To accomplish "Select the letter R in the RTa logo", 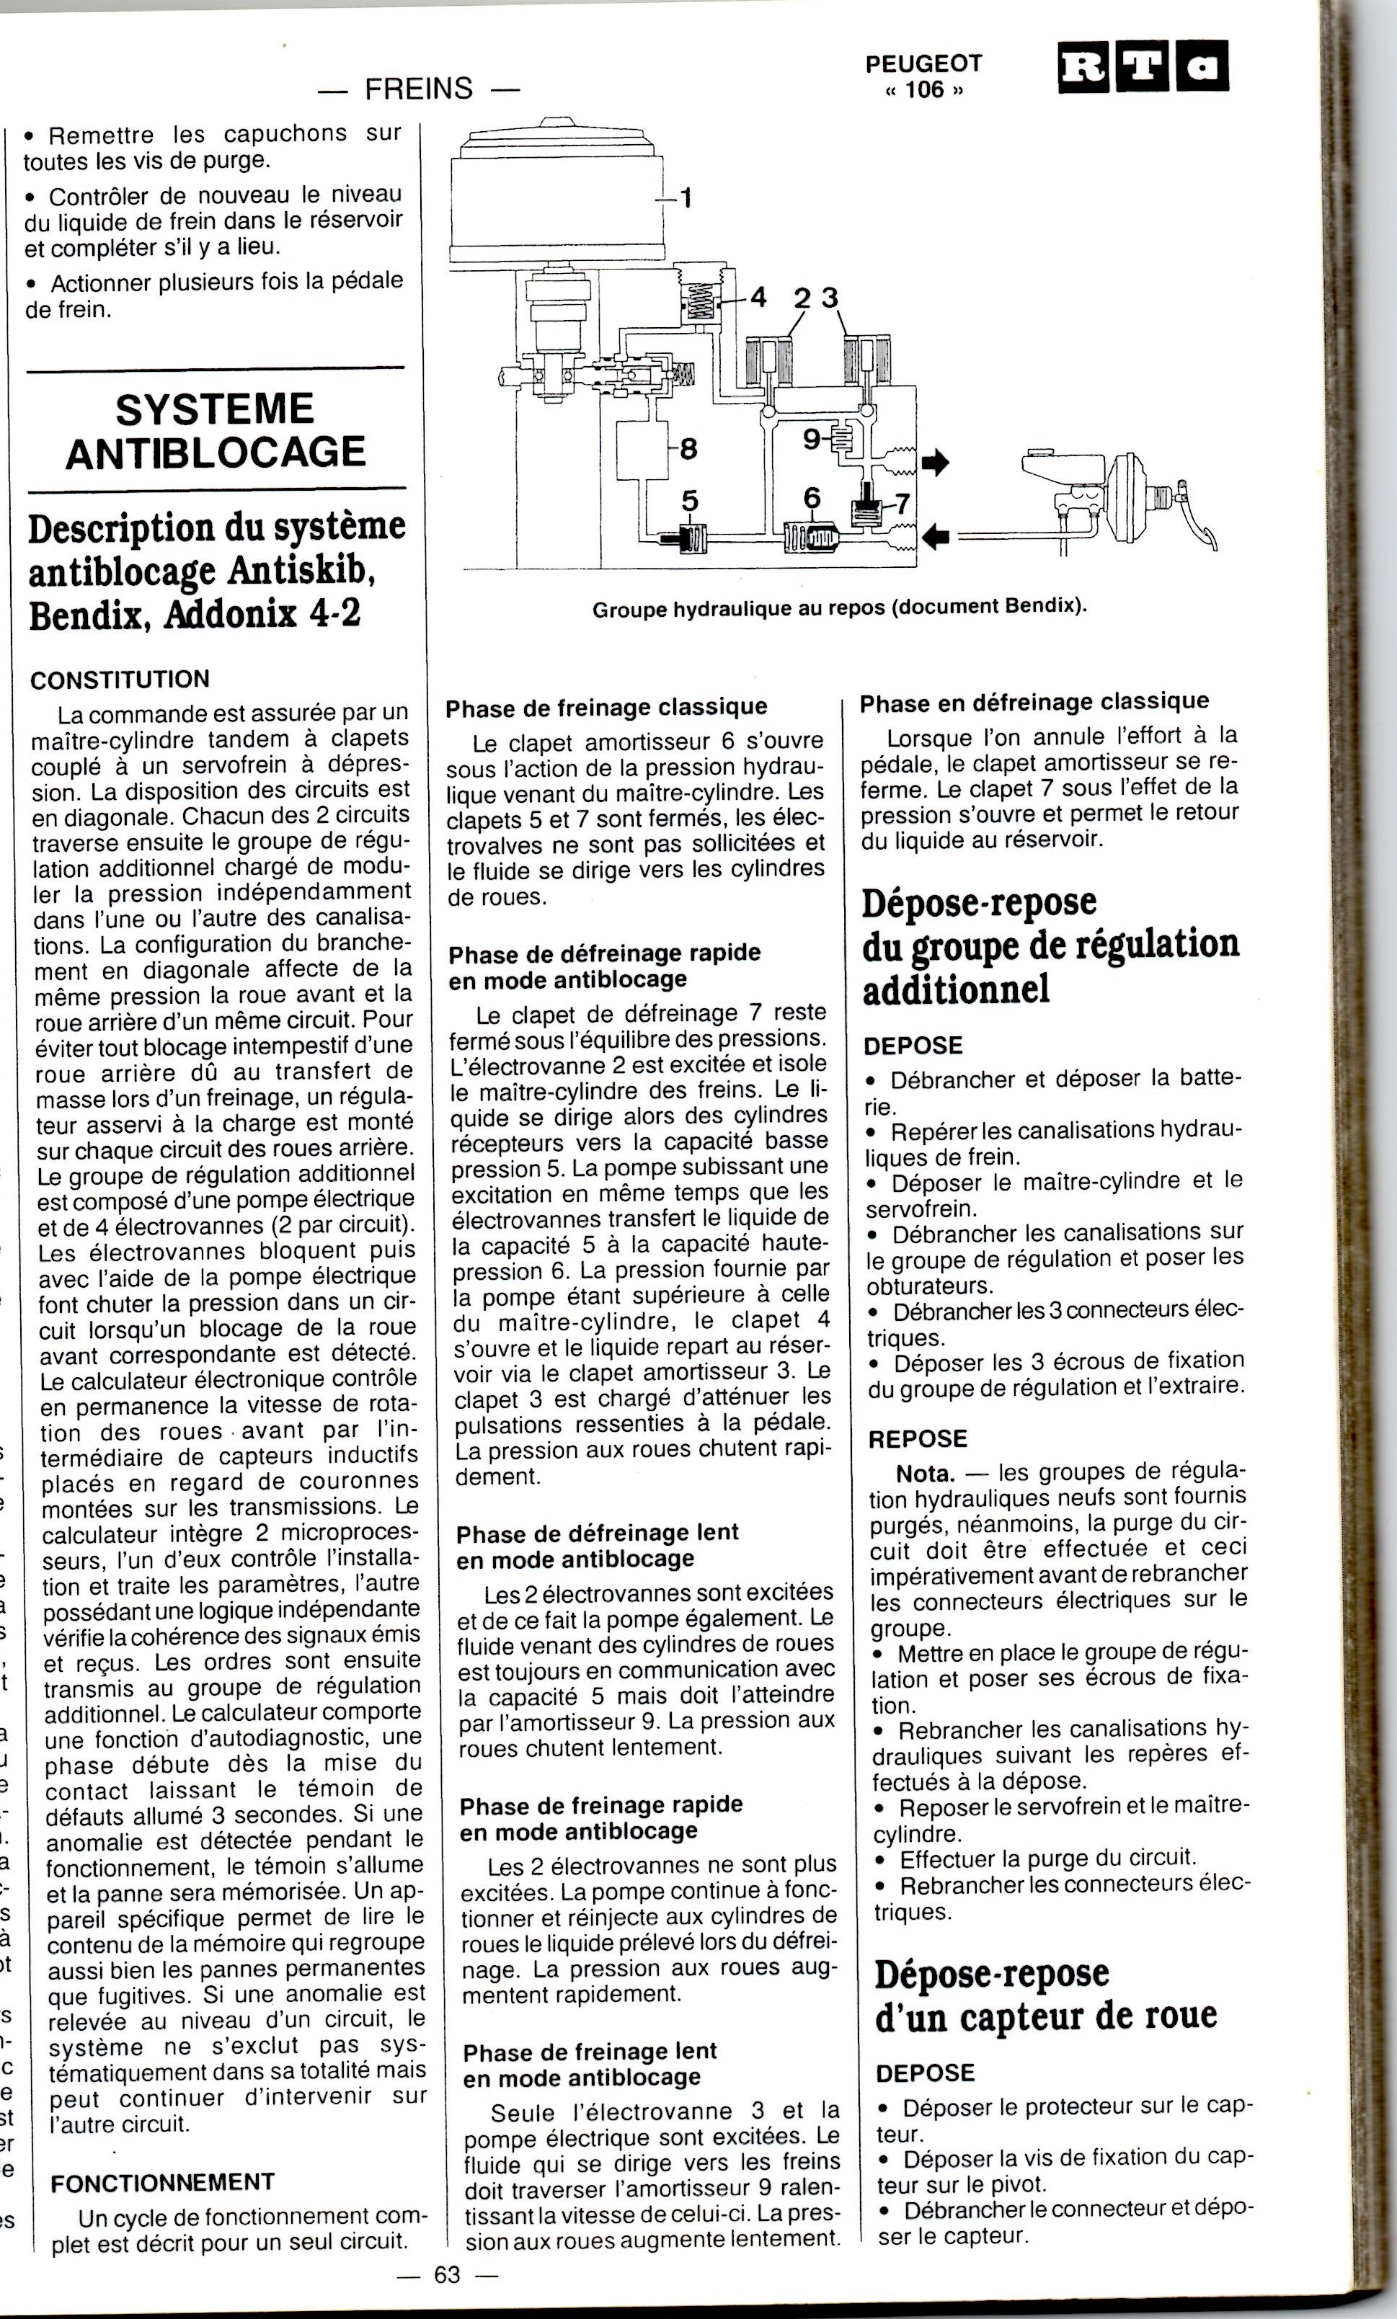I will point(1083,67).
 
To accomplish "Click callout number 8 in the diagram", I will point(688,449).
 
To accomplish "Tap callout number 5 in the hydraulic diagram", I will point(690,501).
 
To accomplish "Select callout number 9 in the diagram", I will point(812,439).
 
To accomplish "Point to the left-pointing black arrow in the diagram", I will point(936,536).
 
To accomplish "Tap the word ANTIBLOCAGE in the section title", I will point(216,453).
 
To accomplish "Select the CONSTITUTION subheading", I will point(120,679).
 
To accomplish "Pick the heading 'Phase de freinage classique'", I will point(606,707).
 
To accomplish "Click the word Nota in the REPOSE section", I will point(926,1473).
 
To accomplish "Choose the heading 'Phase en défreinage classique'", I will point(1034,701).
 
